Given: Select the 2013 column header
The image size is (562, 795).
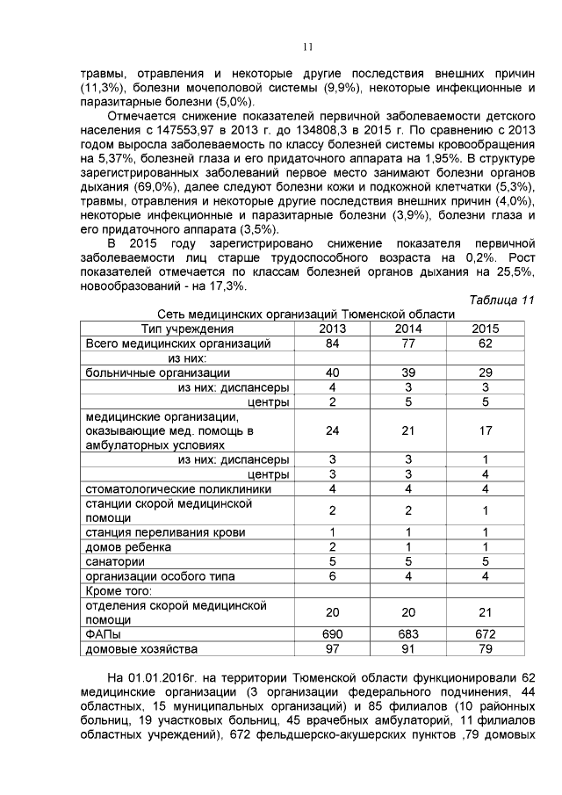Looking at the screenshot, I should click(x=332, y=328).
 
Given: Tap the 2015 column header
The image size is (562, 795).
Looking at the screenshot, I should click(x=485, y=328).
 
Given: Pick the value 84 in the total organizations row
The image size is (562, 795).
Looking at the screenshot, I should click(x=332, y=343).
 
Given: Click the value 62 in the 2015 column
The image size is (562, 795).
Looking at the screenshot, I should click(x=485, y=343).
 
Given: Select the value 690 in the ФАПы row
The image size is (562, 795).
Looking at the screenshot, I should click(x=332, y=633).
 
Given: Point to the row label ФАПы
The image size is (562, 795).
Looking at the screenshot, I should click(x=103, y=633).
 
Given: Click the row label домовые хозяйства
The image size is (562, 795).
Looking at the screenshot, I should click(x=140, y=648).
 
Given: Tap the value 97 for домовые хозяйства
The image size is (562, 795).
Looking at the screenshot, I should click(x=332, y=648).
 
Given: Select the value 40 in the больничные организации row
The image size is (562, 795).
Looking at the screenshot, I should click(x=332, y=372).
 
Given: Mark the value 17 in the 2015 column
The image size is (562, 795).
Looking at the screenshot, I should click(x=485, y=430).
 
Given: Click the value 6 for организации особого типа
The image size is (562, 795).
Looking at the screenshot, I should click(x=332, y=575).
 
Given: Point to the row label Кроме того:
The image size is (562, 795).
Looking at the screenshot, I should click(x=119, y=590).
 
